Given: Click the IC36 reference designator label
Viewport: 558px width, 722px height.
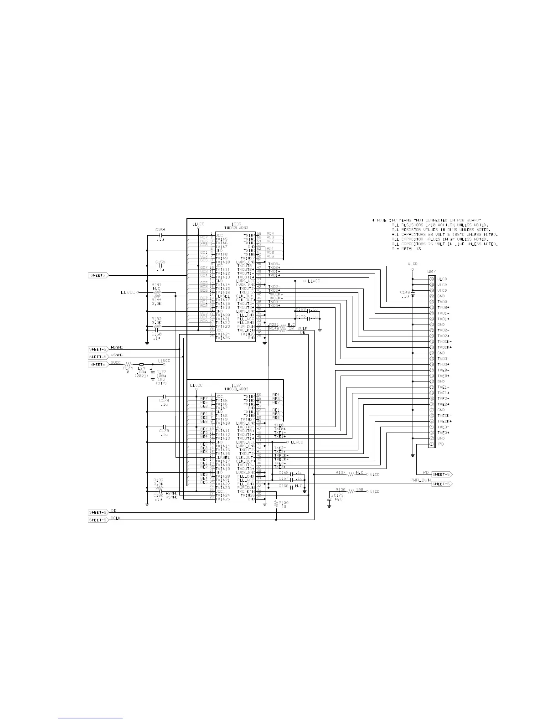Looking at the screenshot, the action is (x=236, y=224).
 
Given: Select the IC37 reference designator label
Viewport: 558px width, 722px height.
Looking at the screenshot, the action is (x=236, y=385).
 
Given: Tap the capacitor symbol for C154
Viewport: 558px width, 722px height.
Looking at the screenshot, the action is (x=160, y=236).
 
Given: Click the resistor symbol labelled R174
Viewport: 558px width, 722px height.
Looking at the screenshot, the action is (x=128, y=365).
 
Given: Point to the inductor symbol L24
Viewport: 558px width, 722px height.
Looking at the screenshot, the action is (x=141, y=365).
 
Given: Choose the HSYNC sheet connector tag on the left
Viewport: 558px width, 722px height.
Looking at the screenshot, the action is (x=98, y=349).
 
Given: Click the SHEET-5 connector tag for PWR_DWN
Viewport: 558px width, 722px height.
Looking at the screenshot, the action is (x=442, y=484).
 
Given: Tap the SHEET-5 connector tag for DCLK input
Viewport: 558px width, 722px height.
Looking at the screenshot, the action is (x=98, y=520).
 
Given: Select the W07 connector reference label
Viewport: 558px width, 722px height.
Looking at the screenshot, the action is (x=431, y=272).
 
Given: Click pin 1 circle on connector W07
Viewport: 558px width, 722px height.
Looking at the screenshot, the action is (x=431, y=444).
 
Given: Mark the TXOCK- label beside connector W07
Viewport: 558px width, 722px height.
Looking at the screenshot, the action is (x=444, y=341).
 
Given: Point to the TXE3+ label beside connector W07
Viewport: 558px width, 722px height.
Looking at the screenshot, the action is (x=443, y=433).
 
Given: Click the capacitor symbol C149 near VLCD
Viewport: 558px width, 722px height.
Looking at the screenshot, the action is (x=413, y=294).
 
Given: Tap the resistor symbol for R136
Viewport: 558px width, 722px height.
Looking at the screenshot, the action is (x=351, y=492).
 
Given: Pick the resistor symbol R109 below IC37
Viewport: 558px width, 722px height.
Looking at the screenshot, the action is (x=276, y=504).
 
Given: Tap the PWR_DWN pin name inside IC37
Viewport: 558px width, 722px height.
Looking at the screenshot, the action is (x=246, y=488).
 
